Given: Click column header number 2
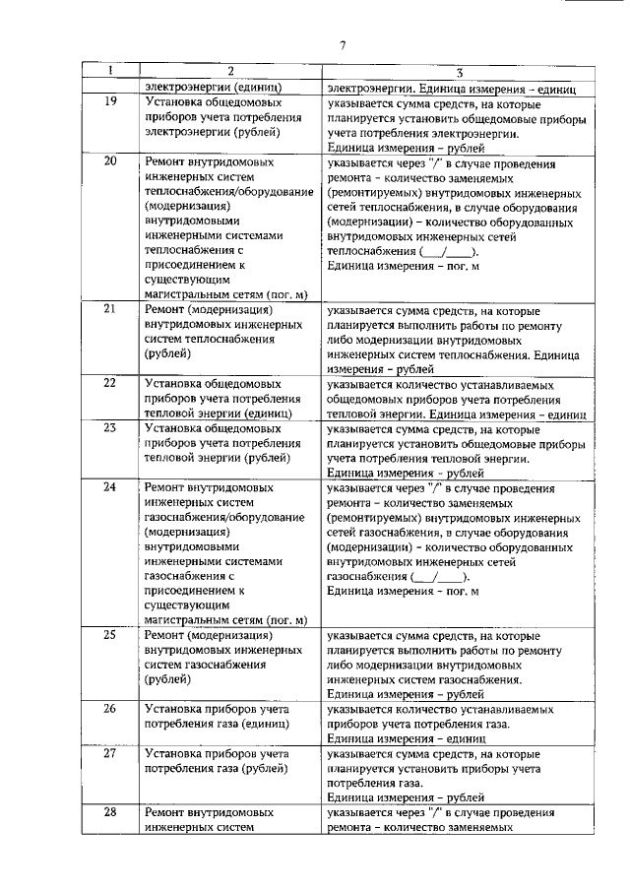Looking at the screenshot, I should click(229, 72).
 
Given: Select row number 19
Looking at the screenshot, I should click(110, 102).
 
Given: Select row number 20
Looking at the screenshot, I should click(110, 160).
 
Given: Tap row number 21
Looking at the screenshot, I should click(110, 310).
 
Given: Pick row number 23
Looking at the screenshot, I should click(110, 428).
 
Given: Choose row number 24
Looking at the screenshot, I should click(110, 486).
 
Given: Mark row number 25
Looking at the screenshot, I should click(110, 635).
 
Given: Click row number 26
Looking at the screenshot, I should click(110, 709).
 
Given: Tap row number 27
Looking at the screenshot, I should click(110, 754).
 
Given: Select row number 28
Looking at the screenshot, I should click(110, 813).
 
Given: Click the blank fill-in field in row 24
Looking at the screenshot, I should click(439, 577).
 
